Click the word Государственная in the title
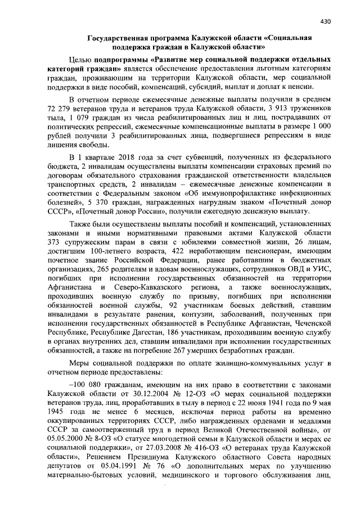point(124,38)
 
